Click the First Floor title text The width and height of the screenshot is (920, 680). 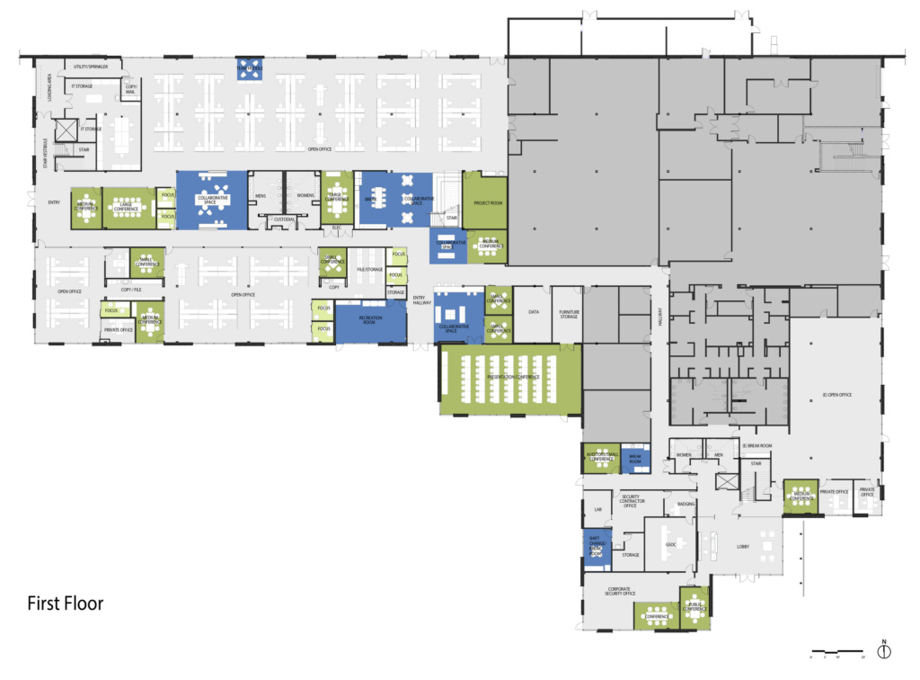(x=65, y=603)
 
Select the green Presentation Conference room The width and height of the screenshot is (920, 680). (x=509, y=378)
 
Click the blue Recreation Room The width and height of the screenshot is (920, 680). (x=370, y=320)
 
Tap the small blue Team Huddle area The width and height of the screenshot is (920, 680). (x=250, y=68)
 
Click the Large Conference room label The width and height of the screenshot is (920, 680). (x=127, y=208)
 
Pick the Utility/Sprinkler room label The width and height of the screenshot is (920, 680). (x=91, y=67)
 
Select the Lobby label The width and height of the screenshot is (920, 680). (x=742, y=546)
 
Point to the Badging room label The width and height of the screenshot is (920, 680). (x=685, y=504)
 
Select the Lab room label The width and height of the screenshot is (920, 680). (x=597, y=509)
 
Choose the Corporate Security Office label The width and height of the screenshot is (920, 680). (x=615, y=591)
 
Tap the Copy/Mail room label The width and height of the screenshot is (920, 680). (x=131, y=88)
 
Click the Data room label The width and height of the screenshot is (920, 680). (x=533, y=312)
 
